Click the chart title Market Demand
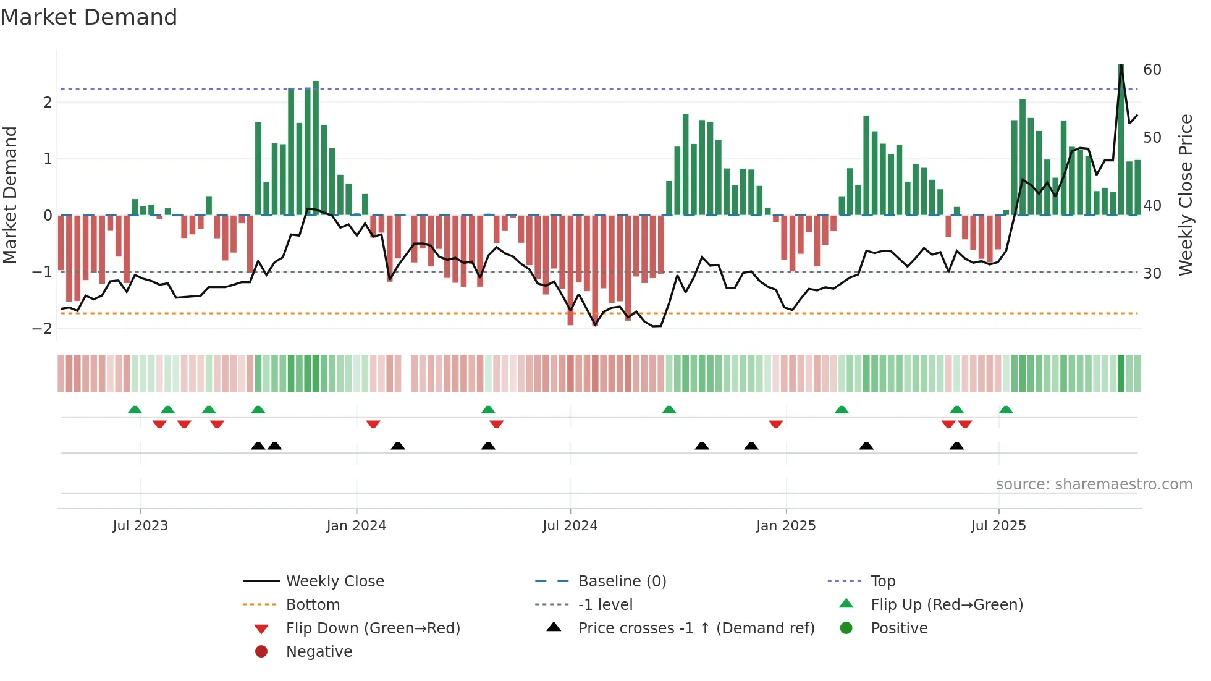pos(89,17)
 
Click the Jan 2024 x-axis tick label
pos(357,526)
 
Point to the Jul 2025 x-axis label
pos(998,526)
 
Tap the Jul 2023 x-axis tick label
pos(140,526)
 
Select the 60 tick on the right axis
pos(1152,70)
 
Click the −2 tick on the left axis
pos(43,328)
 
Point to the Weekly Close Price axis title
pos(1185,195)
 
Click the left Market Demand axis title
pos(10,195)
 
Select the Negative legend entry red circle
pos(261,652)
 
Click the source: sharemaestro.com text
pos(1094,484)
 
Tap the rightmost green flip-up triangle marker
pos(1006,410)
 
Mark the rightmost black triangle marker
pos(956,446)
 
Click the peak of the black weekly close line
pos(1121,65)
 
